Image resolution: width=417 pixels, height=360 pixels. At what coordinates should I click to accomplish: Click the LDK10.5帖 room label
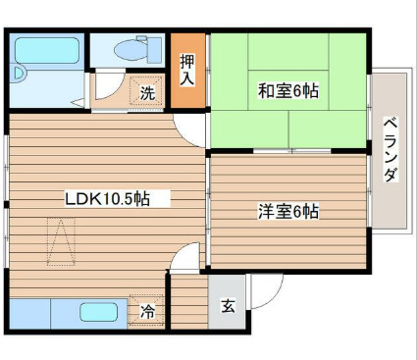click(107, 198)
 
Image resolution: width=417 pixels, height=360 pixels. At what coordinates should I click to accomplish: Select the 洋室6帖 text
click(288, 210)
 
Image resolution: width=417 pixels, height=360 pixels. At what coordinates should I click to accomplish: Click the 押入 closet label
click(187, 70)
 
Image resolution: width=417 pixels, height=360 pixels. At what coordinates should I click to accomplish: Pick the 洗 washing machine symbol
click(146, 93)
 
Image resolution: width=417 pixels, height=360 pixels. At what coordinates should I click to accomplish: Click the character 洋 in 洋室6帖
click(265, 210)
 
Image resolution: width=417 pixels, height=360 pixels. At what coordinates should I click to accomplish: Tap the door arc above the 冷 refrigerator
click(184, 260)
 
